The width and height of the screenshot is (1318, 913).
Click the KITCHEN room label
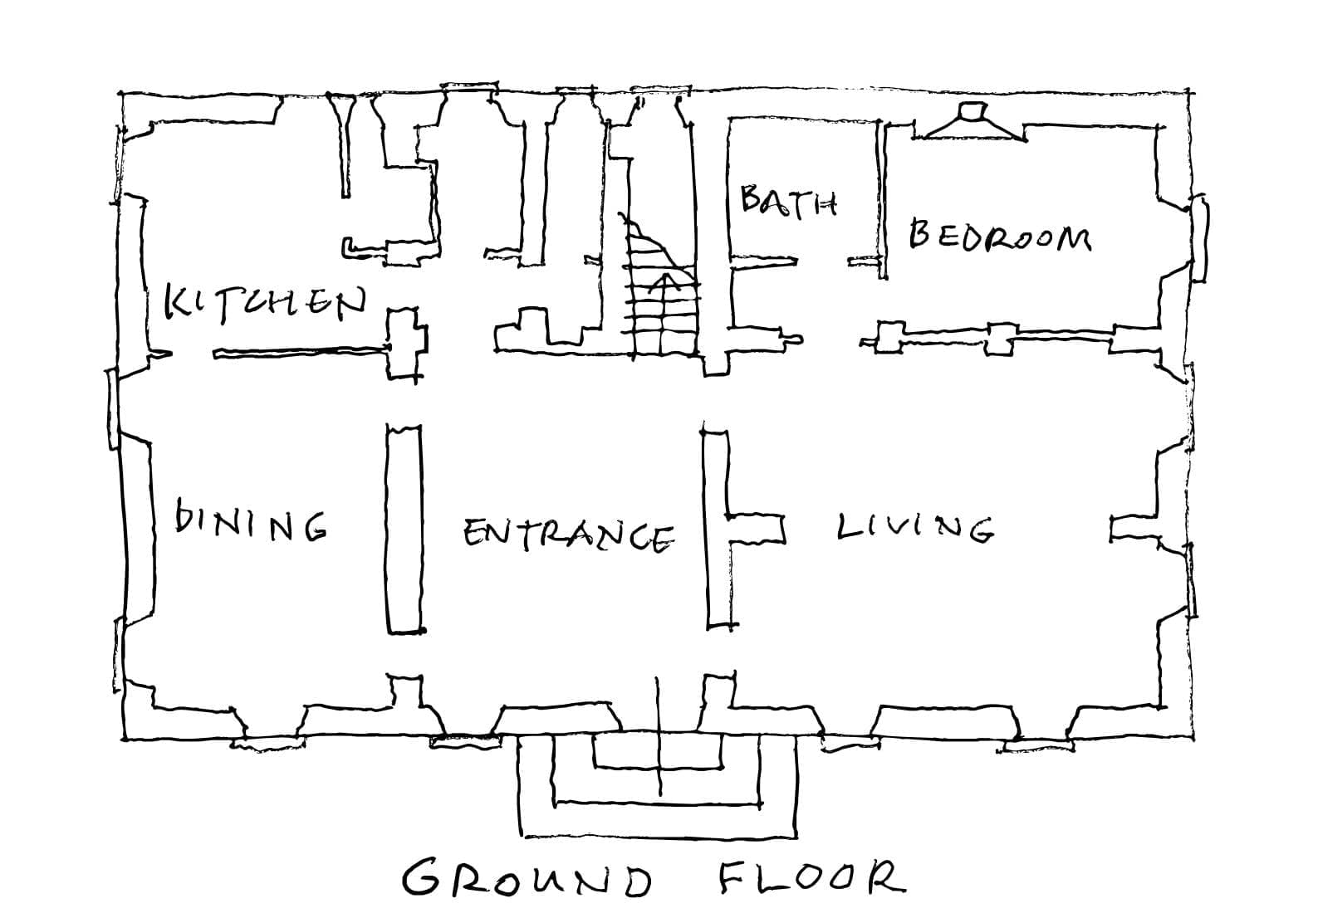point(266,302)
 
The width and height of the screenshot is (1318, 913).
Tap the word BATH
point(788,202)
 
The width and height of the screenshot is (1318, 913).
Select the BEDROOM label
point(1000,235)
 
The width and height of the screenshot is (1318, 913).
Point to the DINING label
point(252,519)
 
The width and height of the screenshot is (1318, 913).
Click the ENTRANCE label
point(568,535)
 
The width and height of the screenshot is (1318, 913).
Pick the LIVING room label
point(915,526)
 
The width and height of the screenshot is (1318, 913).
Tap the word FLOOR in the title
point(812,875)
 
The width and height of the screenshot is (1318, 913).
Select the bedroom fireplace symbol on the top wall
point(973,122)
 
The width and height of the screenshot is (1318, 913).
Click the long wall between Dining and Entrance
point(404,528)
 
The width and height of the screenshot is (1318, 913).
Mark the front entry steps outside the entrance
point(658,784)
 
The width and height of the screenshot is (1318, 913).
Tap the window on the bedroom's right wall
point(1200,238)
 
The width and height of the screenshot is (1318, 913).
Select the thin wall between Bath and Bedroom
point(881,200)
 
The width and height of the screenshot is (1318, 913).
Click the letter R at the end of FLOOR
point(886,876)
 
